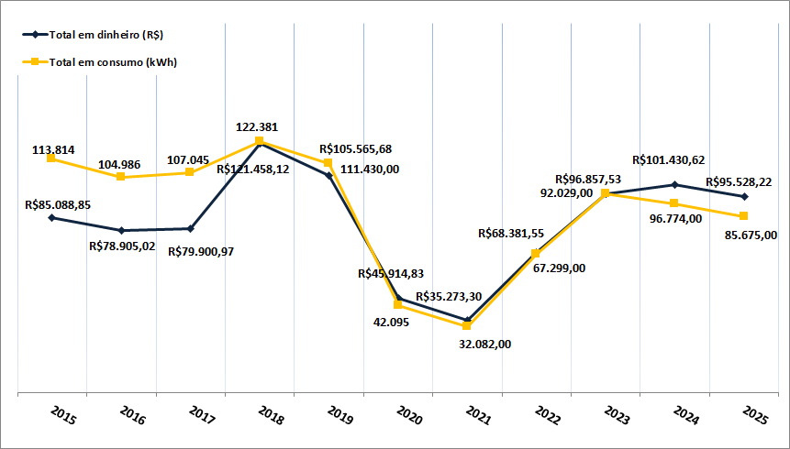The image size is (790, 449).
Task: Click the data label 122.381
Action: pos(257,127)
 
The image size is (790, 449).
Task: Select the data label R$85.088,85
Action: pos(58,205)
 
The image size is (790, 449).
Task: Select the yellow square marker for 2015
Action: pos(51,159)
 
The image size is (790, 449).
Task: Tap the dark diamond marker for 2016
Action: pos(121,230)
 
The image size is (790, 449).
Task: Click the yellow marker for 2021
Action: pos(467,325)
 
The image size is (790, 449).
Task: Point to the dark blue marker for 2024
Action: pos(674,185)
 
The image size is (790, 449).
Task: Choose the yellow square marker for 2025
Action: pos(743,215)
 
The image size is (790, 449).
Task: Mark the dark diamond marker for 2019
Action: pos(328,175)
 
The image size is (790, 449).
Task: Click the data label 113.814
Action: pos(54,148)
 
